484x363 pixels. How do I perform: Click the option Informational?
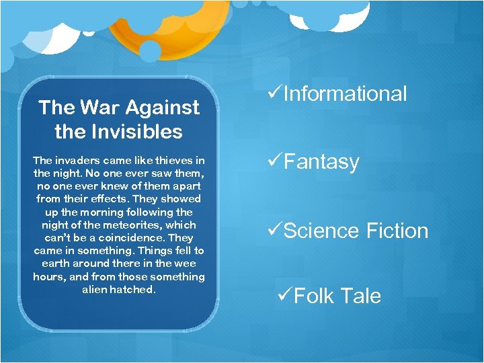[345, 94]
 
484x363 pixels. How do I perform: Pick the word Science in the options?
[322, 231]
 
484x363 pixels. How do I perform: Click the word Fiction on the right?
[397, 231]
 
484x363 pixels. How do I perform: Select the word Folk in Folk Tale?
[316, 296]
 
